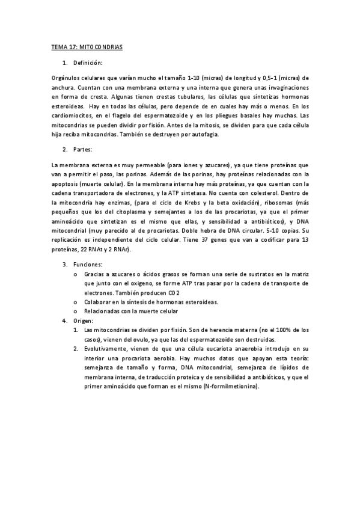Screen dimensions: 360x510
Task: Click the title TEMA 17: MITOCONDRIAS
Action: (86, 46)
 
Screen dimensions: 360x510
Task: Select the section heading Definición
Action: (87, 63)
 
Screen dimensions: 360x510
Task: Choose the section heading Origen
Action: (84, 321)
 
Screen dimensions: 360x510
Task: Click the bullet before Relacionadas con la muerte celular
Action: (75, 311)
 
